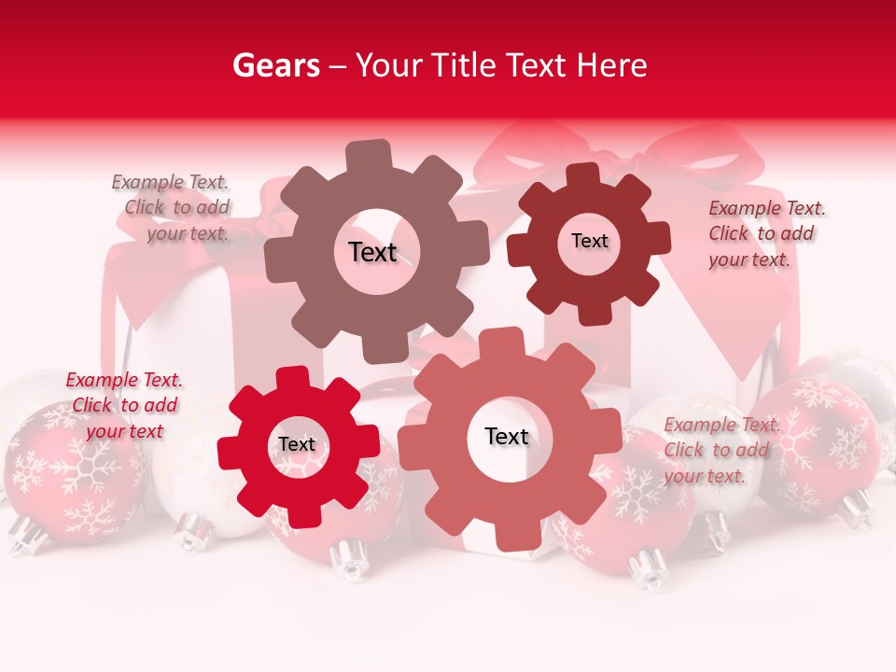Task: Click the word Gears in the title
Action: (x=275, y=65)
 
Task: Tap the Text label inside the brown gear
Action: (x=373, y=252)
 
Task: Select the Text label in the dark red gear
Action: (x=589, y=241)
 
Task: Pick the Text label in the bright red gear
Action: (x=297, y=444)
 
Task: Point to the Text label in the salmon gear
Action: (x=507, y=436)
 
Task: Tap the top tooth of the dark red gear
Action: (x=583, y=175)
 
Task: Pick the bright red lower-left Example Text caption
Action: (x=124, y=405)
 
